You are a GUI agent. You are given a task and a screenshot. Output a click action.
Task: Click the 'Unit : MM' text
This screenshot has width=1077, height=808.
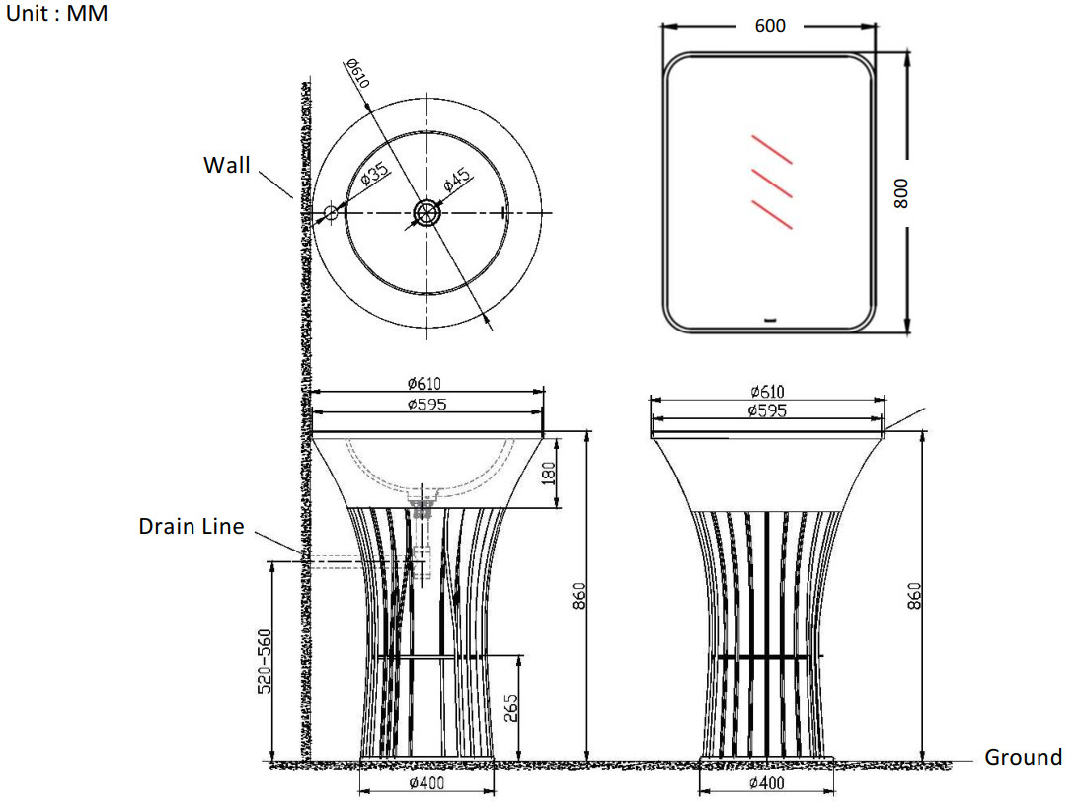tap(56, 13)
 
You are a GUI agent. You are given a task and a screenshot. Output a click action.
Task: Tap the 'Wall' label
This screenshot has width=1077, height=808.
tap(227, 165)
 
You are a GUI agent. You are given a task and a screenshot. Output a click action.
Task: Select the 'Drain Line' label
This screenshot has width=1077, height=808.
tap(192, 526)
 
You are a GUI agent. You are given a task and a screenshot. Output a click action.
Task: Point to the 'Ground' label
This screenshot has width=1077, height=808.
tap(1023, 757)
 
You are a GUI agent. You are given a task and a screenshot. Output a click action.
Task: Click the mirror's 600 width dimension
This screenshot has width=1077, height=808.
tap(769, 26)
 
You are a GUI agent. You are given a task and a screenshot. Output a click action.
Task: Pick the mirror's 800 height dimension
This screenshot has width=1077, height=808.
tap(901, 193)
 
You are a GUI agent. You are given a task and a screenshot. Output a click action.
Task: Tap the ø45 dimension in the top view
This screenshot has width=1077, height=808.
tap(457, 179)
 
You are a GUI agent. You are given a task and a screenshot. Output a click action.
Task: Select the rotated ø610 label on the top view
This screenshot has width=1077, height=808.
tap(358, 73)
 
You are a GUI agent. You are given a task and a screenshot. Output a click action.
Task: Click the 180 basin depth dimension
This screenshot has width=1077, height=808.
tap(548, 474)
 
